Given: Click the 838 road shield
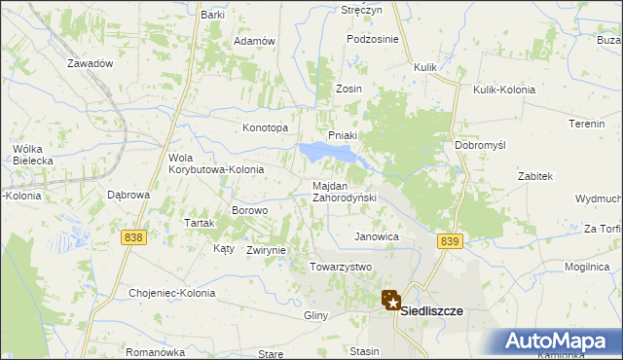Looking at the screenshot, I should tap(134, 236).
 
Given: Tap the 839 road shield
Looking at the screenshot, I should tap(449, 241).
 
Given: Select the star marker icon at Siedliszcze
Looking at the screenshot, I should tap(391, 302).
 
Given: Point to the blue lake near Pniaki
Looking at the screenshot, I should tap(325, 152).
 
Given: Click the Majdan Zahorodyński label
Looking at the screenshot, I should tap(344, 192).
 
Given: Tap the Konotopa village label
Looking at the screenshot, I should tap(265, 127).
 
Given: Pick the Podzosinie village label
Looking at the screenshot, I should tap(373, 39).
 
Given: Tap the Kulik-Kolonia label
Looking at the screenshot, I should tap(504, 90).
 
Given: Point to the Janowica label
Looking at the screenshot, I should tap(377, 236).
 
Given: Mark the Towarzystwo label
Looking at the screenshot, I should tap(341, 267).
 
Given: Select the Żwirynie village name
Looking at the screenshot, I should tap(266, 250).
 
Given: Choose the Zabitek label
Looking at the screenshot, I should tap(535, 176).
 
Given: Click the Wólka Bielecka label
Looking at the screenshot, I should tap(26, 156).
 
